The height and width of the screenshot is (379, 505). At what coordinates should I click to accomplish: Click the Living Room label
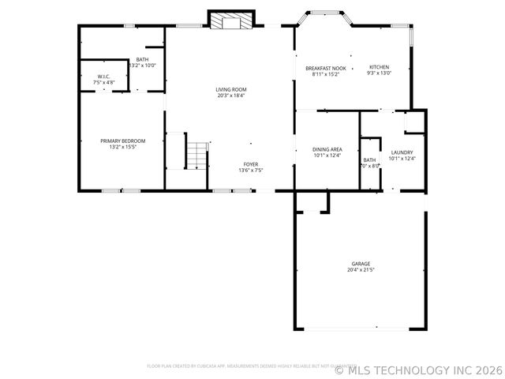231,89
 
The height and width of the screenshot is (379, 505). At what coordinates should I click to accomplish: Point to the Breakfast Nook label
327,69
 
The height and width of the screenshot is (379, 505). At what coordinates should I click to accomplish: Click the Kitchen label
380,67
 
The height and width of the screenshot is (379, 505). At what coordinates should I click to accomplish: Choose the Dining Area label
327,149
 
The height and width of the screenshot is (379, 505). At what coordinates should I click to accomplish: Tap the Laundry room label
402,152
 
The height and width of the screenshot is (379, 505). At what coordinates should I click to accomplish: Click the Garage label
361,264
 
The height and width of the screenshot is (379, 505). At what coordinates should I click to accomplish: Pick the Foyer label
250,164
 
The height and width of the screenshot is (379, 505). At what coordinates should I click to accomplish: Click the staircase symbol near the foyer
198,155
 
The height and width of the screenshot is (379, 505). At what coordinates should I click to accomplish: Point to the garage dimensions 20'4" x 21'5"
361,270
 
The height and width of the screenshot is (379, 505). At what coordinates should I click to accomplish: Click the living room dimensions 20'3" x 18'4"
231,96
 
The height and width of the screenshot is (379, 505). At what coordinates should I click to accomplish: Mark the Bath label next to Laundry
369,160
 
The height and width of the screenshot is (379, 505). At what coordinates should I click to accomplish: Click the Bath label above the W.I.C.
142,60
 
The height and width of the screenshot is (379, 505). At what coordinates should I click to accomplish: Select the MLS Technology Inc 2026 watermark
418,369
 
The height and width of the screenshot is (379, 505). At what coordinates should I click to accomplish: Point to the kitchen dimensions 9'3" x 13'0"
380,73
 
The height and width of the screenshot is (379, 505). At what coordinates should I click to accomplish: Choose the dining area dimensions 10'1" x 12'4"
327,156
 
